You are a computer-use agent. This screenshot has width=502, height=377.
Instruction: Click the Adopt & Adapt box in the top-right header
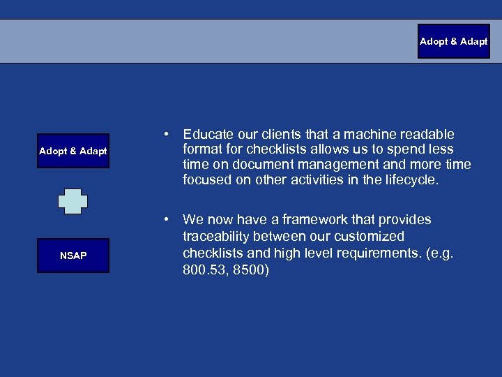pos(453,42)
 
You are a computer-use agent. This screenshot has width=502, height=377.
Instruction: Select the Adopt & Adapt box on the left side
pos(73,151)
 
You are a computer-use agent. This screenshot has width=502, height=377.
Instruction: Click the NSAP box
pos(73,256)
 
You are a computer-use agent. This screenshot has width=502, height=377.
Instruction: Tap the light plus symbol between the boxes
pos(73,201)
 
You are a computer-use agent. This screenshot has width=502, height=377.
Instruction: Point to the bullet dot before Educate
pos(167,133)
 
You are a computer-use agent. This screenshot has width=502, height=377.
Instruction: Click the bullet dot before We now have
pos(167,219)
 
